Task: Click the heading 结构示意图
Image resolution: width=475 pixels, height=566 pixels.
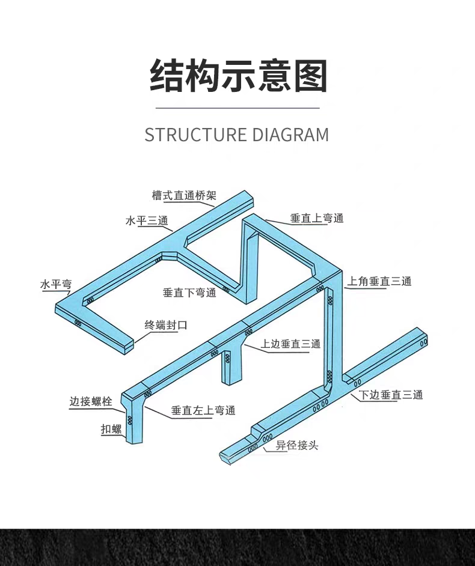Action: (237, 76)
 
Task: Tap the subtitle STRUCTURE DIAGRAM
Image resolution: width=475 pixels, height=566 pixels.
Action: (237, 135)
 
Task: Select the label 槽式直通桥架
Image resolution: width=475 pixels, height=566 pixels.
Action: (183, 195)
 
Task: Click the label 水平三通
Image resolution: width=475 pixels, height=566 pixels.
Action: (146, 221)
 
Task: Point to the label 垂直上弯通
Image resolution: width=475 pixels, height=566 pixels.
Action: (317, 218)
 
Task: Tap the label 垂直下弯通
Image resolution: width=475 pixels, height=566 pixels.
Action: (189, 293)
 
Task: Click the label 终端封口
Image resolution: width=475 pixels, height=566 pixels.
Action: (166, 325)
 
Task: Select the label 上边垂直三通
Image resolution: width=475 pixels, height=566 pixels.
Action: (290, 344)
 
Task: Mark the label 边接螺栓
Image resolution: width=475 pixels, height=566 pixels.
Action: (91, 401)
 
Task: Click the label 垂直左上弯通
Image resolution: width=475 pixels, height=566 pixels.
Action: (203, 410)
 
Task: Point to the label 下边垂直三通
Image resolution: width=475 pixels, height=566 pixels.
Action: (391, 395)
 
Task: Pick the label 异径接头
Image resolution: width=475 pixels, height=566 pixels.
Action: (297, 445)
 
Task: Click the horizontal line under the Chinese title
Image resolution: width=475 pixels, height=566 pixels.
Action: (237, 108)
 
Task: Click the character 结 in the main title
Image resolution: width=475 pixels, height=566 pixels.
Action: (166, 76)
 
